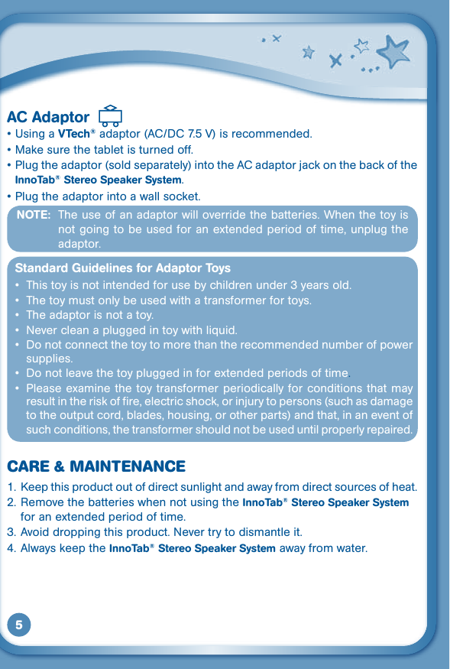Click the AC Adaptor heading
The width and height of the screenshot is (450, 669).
pos(48,117)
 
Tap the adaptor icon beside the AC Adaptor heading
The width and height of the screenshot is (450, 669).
pos(111,115)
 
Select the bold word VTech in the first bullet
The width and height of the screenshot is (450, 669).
pos(73,135)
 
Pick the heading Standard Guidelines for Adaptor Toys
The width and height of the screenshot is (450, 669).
pos(122,268)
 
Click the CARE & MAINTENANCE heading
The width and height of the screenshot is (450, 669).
pos(96,466)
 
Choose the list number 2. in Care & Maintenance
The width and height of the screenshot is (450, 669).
pos(11,502)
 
